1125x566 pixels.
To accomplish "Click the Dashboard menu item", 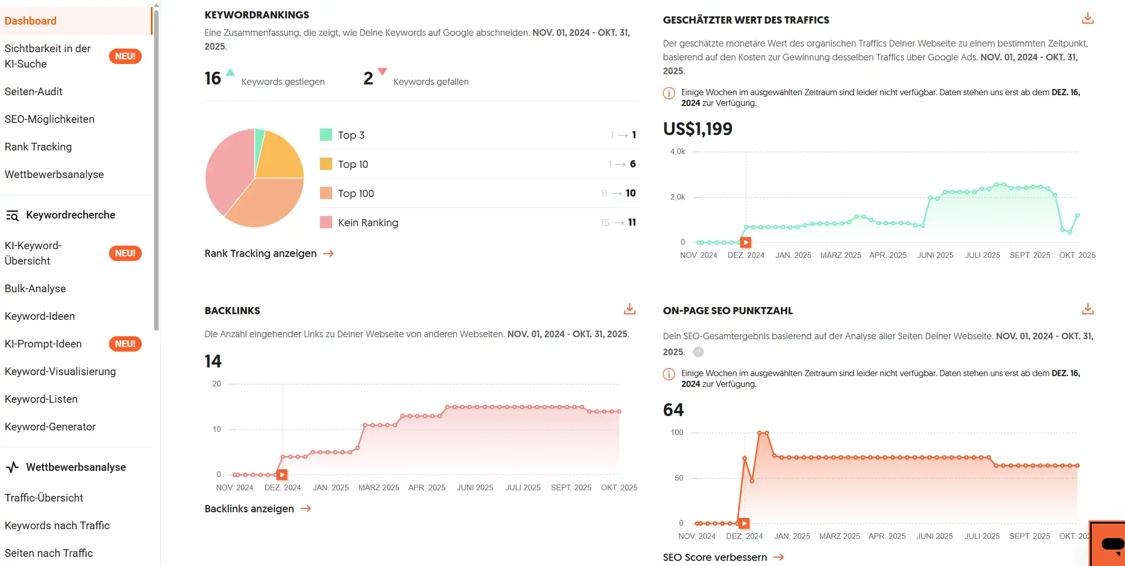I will pyautogui.click(x=31, y=21).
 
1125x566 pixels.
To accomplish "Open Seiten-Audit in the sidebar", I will pyautogui.click(x=34, y=92).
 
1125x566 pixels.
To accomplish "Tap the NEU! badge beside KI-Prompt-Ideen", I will pyautogui.click(x=125, y=344).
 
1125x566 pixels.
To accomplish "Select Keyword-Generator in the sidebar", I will pyautogui.click(x=50, y=427).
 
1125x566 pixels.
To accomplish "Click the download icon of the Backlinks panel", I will pyautogui.click(x=630, y=309).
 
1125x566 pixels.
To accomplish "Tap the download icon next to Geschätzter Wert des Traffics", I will pyautogui.click(x=1088, y=19).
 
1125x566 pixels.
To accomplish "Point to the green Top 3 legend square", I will pyautogui.click(x=326, y=135).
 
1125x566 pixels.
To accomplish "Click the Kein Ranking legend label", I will pyautogui.click(x=367, y=223).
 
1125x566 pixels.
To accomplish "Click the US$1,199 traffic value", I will pyautogui.click(x=697, y=129).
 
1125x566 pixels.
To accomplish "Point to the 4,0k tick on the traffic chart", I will pyautogui.click(x=677, y=151).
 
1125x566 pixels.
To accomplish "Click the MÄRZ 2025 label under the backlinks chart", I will pyautogui.click(x=379, y=488).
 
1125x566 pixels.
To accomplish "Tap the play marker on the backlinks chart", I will pyautogui.click(x=282, y=475).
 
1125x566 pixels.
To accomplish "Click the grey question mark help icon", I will pyautogui.click(x=698, y=352).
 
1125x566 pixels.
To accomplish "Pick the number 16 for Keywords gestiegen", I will pyautogui.click(x=213, y=78).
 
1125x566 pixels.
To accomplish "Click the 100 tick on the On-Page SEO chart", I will pyautogui.click(x=677, y=432).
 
